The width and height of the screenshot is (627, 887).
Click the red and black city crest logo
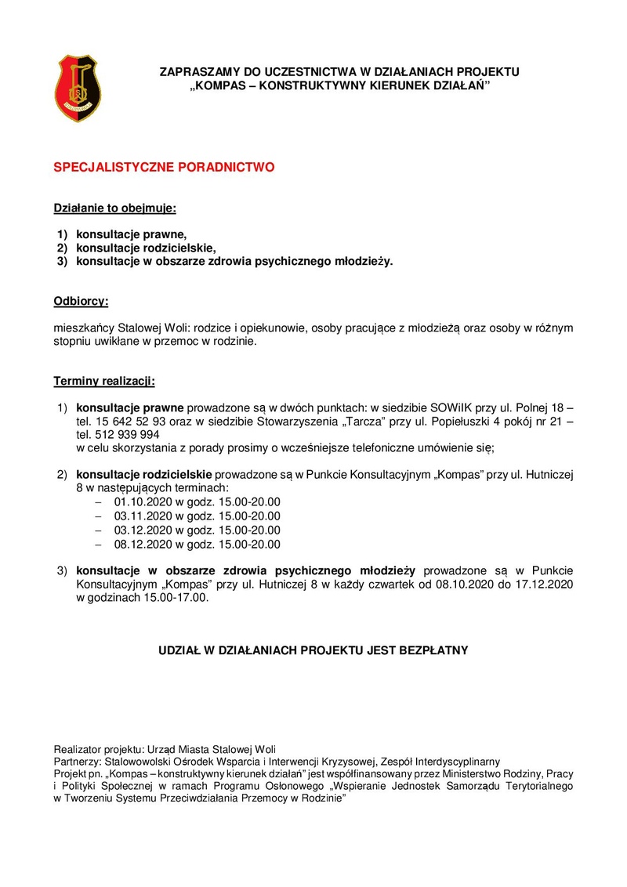[x=78, y=88]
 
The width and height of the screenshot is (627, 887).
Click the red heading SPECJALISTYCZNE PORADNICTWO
[x=164, y=168]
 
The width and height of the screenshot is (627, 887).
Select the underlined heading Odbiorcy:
[x=81, y=301]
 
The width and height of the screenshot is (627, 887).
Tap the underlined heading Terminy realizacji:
[x=104, y=382]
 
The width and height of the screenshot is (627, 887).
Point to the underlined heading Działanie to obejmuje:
[x=115, y=209]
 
